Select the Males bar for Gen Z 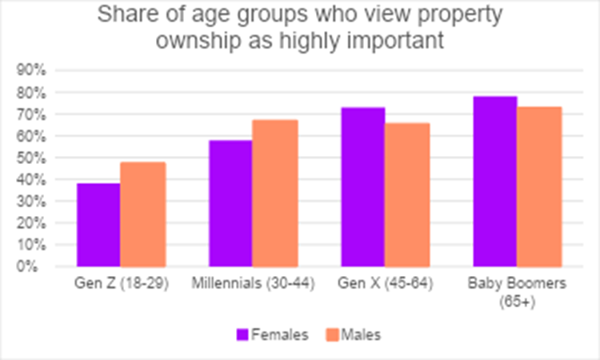click(143, 214)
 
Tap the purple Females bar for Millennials click(230, 203)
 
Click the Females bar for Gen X click(362, 187)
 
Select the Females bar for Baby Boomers click(494, 182)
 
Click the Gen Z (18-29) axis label click(121, 284)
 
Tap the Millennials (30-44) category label click(253, 284)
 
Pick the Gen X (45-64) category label click(385, 284)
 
